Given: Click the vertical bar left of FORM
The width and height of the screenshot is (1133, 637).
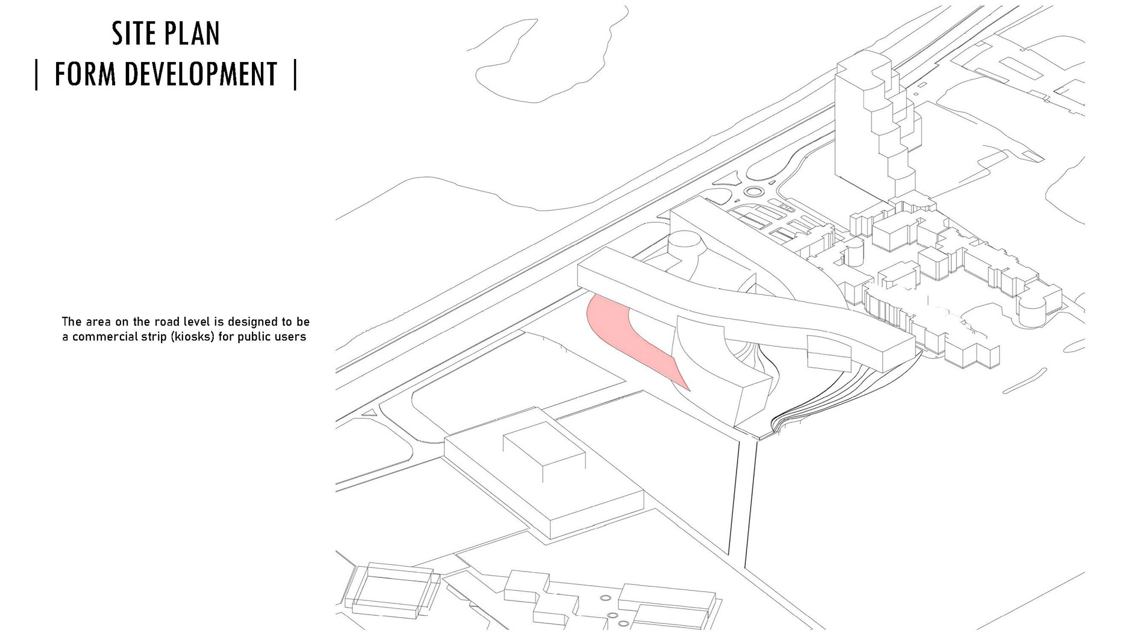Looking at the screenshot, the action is [x=37, y=75].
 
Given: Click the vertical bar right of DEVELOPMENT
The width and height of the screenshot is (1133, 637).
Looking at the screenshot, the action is [x=295, y=75].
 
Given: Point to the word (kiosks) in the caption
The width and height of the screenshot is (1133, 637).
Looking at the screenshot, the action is [x=192, y=337].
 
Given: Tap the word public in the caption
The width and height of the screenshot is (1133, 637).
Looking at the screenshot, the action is [x=260, y=337].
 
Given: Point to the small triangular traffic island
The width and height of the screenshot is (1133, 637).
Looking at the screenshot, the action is [x=370, y=413].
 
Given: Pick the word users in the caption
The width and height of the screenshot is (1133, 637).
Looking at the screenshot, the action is [x=292, y=337].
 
